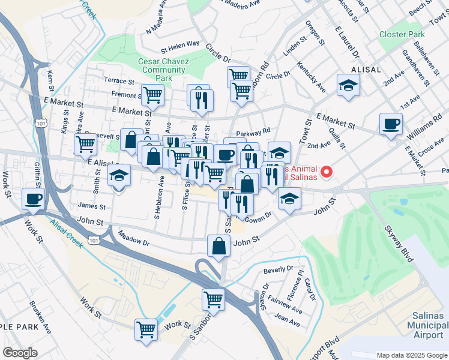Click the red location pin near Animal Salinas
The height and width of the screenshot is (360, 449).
(x=327, y=172)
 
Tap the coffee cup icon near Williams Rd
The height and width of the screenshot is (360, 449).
(x=391, y=124)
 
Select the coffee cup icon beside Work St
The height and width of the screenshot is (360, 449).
(x=34, y=199)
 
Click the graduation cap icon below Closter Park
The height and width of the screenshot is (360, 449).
(x=348, y=86)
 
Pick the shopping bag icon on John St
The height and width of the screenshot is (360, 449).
(x=220, y=246)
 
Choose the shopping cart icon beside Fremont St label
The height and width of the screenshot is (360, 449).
(x=152, y=95)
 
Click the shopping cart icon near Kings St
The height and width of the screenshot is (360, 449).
(x=85, y=144)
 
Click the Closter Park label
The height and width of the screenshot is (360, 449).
(x=402, y=34)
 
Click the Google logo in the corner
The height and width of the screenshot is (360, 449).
(x=20, y=353)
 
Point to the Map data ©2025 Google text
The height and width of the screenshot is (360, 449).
(x=411, y=355)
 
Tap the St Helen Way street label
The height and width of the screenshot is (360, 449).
(x=179, y=44)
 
